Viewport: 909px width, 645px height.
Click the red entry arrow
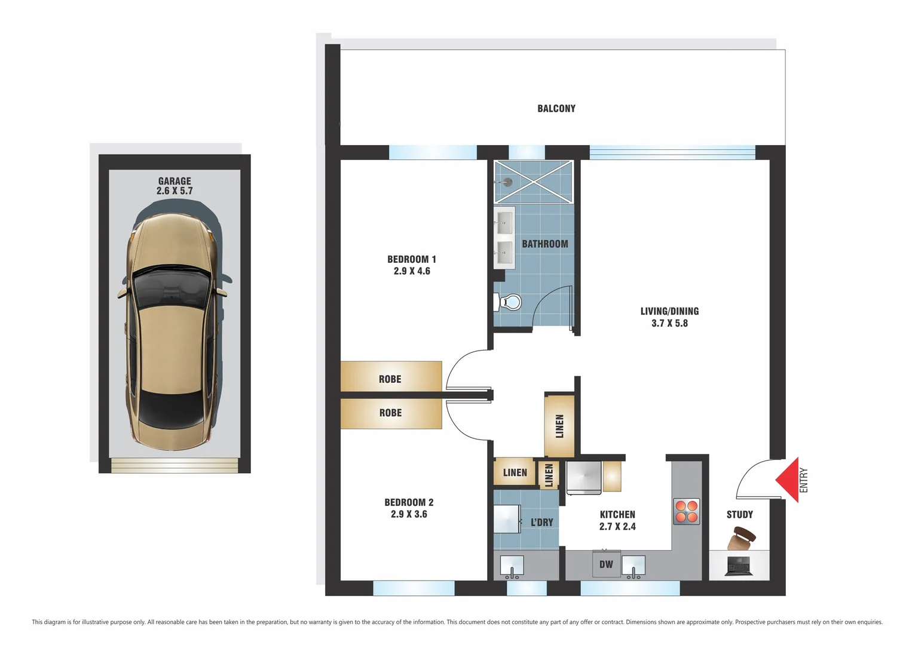pyautogui.click(x=789, y=480)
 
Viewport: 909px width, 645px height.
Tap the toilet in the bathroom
pyautogui.click(x=509, y=302)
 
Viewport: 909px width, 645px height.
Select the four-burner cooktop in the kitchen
pyautogui.click(x=686, y=511)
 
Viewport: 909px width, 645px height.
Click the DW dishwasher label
pyautogui.click(x=606, y=564)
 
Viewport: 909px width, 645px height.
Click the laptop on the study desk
pyautogui.click(x=738, y=566)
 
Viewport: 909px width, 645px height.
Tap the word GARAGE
pyautogui.click(x=175, y=181)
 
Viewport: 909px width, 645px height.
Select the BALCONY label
pyautogui.click(x=556, y=109)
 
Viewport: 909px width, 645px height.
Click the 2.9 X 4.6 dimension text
pyautogui.click(x=412, y=271)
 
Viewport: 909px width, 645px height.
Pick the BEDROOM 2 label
pyautogui.click(x=409, y=503)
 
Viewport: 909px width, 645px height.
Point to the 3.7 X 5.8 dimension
pyautogui.click(x=669, y=323)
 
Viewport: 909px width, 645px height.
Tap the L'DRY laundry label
pyautogui.click(x=541, y=523)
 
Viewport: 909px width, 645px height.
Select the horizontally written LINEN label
pyautogui.click(x=515, y=473)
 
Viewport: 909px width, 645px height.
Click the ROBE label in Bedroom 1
pyautogui.click(x=390, y=379)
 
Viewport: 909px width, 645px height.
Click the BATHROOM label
pyautogui.click(x=544, y=244)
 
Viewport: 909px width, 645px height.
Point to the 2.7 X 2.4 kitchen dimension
pyautogui.click(x=617, y=527)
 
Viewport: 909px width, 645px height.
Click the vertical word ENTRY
pyautogui.click(x=804, y=480)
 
